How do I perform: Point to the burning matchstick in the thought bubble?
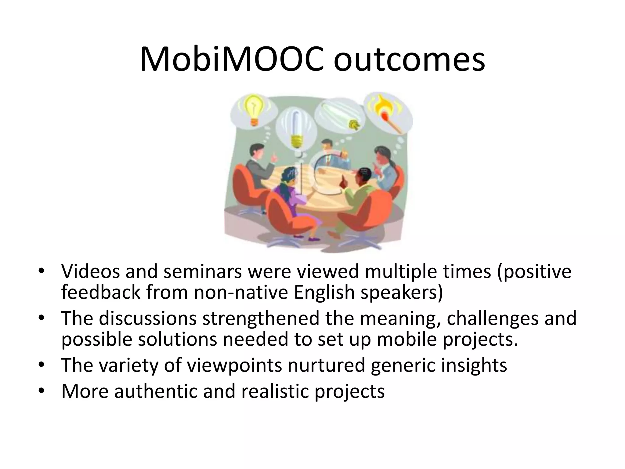(x=388, y=115)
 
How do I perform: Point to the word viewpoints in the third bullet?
(x=234, y=365)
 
